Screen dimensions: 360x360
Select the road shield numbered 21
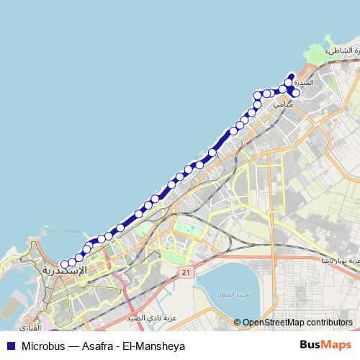pyautogui.click(x=186, y=273)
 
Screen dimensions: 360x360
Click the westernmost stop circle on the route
pyautogui.click(x=64, y=264)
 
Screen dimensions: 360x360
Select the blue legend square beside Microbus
pyautogui.click(x=10, y=346)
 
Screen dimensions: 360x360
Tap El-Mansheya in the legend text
pyautogui.click(x=158, y=346)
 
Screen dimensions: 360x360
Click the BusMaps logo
pyautogui.click(x=327, y=345)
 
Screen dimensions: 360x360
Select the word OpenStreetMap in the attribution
pyautogui.click(x=273, y=323)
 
